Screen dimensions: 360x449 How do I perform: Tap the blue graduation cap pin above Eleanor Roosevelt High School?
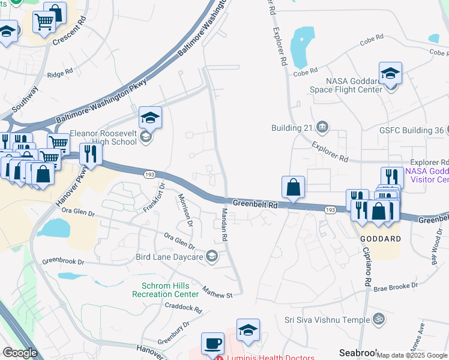[150, 118]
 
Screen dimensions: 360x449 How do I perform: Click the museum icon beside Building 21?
[322, 127]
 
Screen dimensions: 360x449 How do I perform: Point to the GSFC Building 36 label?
[411, 130]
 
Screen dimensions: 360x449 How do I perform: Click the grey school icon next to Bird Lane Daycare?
[211, 257]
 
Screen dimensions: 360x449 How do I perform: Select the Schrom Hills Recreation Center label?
[169, 290]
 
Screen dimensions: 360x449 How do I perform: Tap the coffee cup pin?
[212, 343]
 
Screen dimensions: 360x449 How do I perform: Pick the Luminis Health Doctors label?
[270, 358]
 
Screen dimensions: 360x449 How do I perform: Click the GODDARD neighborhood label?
[380, 238]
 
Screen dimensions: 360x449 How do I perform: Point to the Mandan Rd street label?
[224, 225]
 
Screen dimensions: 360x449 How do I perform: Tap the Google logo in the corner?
[20, 353]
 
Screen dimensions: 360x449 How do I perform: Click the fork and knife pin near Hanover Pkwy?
[91, 154]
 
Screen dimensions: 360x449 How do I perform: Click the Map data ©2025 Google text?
[412, 355]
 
